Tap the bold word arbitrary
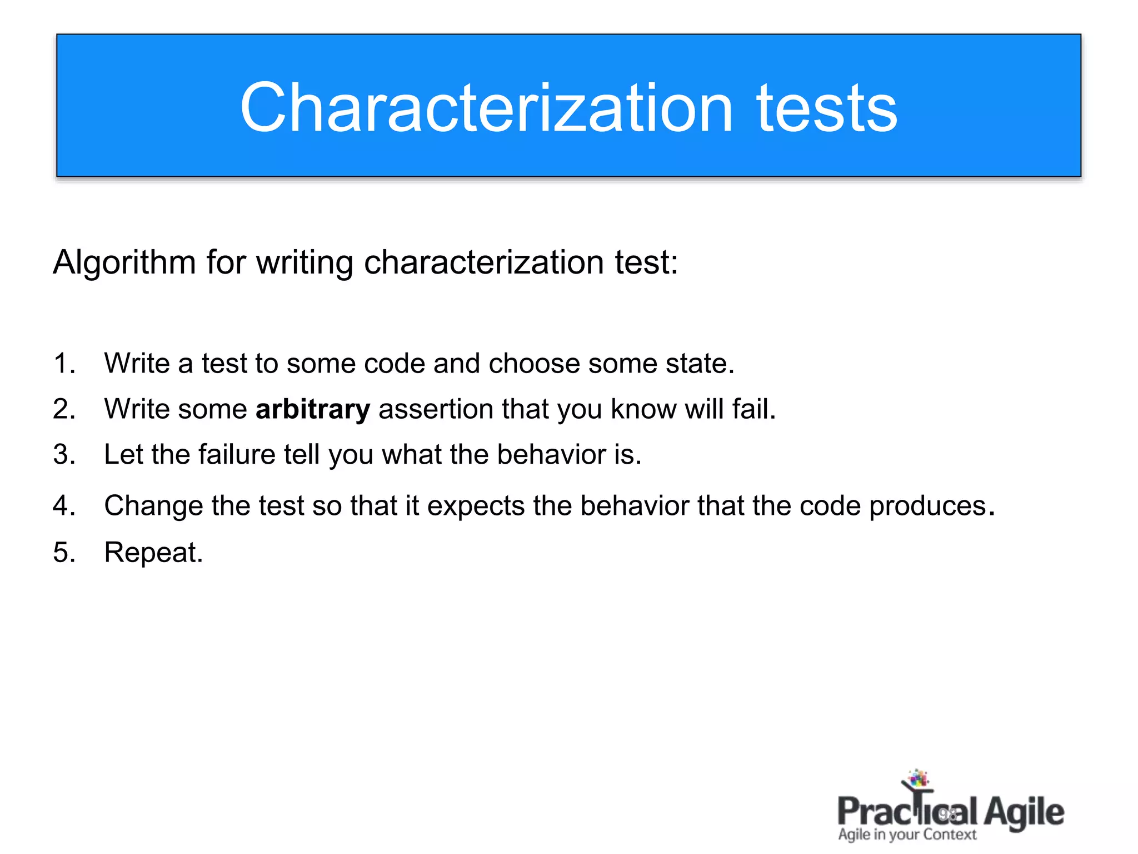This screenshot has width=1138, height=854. click(313, 409)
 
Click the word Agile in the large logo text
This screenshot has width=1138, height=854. click(1024, 813)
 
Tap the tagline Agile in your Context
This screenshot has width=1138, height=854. click(907, 835)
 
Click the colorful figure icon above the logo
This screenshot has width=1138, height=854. click(917, 779)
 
